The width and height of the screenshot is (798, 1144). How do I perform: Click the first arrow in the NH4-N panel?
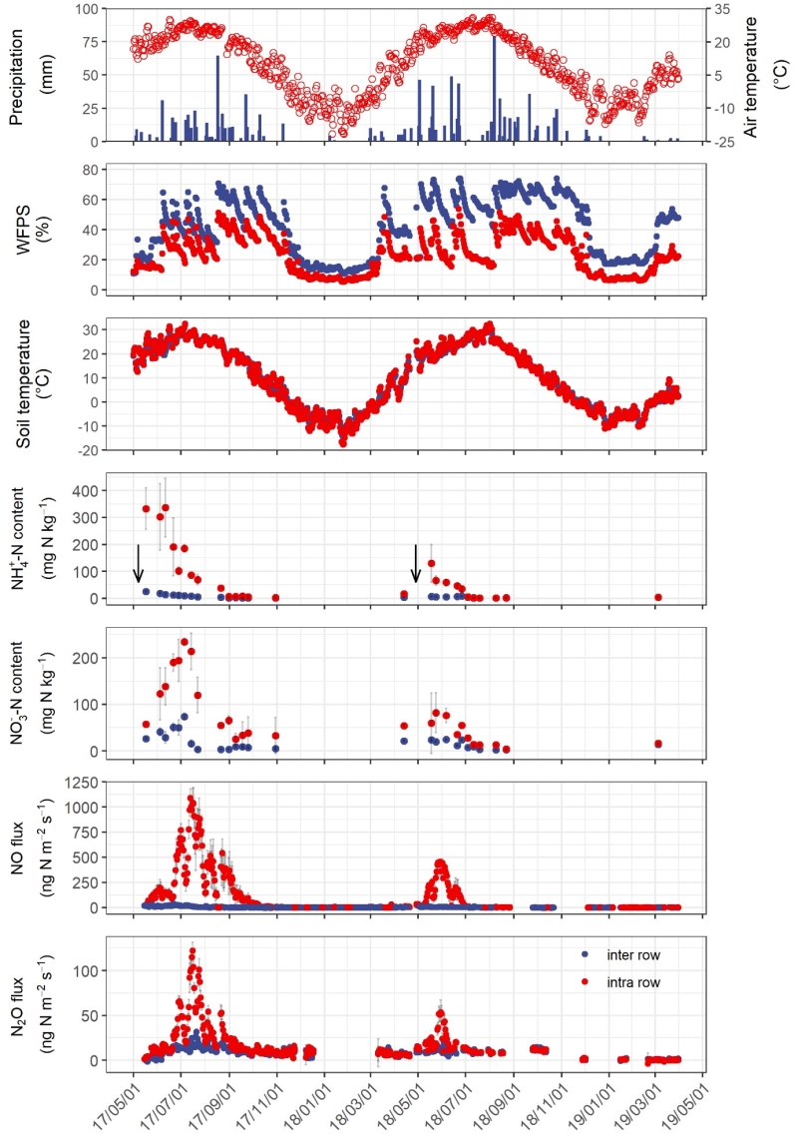click(139, 564)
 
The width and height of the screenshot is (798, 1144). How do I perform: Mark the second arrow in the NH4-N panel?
click(416, 564)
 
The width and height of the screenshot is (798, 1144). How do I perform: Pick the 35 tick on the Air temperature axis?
click(722, 9)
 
